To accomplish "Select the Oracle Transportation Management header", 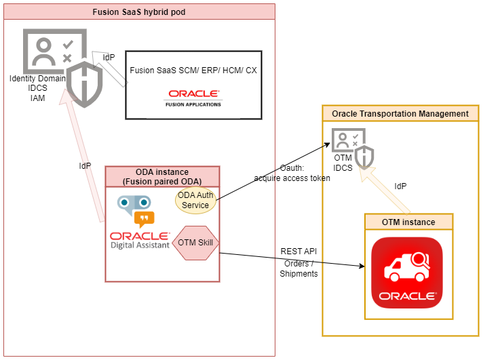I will tap(400, 113).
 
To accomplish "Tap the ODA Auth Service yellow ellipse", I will tap(193, 200).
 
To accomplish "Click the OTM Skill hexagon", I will tap(195, 242).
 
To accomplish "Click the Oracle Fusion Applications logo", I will tap(193, 98).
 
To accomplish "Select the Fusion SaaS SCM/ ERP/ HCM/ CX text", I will tap(193, 70).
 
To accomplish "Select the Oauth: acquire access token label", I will tap(292, 174).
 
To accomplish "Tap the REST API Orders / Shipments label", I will tap(298, 262).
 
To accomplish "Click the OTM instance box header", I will tap(408, 222).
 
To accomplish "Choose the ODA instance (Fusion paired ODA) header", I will tap(162, 176).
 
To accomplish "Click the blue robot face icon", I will tap(134, 203).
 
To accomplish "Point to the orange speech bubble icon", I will tap(144, 218).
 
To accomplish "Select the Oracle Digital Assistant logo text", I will tap(140, 240).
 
